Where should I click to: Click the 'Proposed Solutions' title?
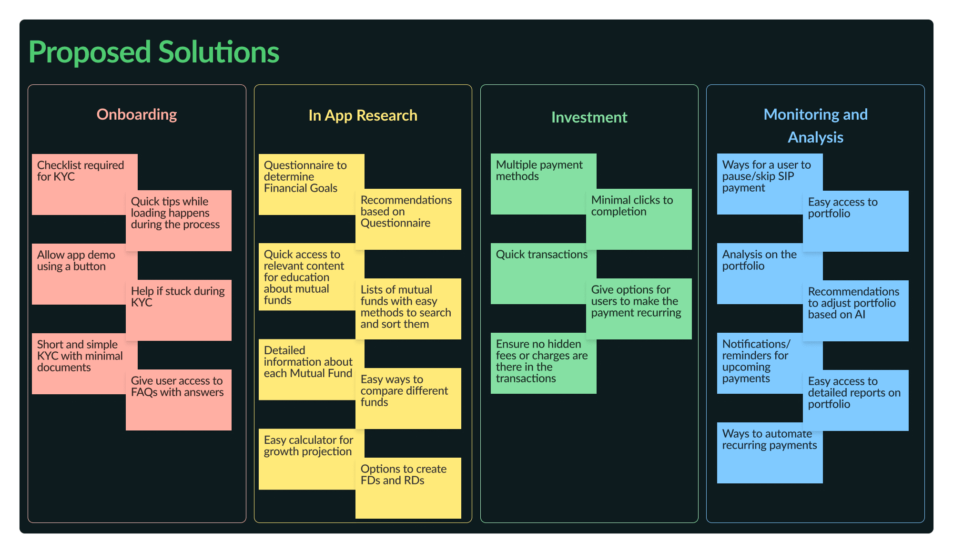(x=154, y=52)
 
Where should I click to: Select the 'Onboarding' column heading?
(x=137, y=114)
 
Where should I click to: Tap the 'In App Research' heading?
(x=363, y=115)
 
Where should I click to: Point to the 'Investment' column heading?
(x=589, y=117)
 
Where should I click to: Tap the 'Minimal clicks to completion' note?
(x=639, y=219)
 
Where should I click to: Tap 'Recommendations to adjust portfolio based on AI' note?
(x=855, y=310)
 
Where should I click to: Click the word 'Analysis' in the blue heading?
(x=815, y=137)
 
